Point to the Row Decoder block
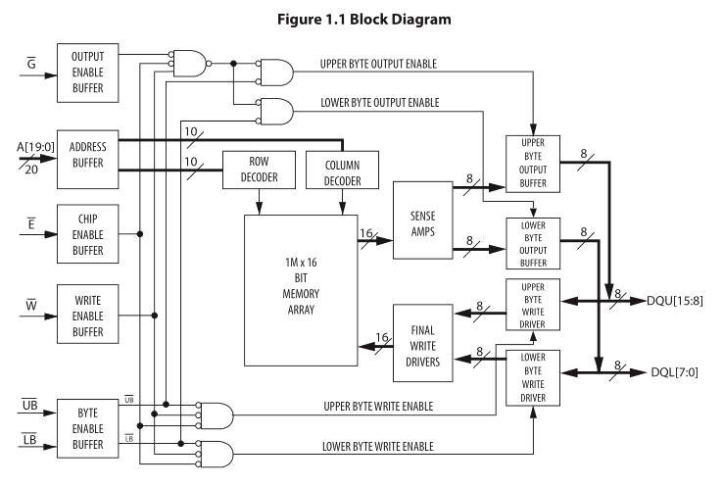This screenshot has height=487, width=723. (259, 172)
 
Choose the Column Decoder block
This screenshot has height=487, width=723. (343, 172)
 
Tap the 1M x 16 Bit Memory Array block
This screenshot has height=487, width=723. (301, 290)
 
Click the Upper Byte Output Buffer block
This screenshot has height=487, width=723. (532, 161)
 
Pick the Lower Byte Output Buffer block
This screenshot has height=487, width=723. (532, 243)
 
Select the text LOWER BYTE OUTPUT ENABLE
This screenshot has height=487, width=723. (380, 102)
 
